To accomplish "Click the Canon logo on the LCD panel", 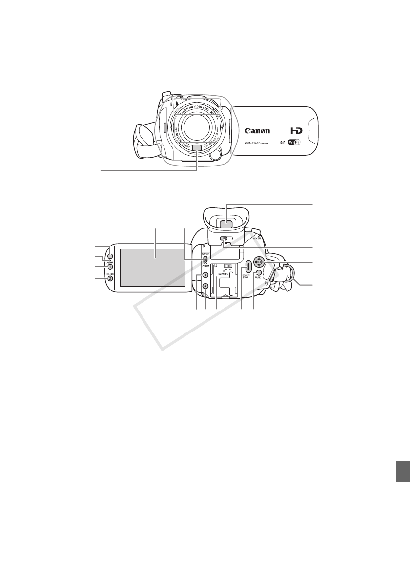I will (x=257, y=131).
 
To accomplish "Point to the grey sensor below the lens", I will (x=197, y=148).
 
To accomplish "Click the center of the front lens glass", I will (x=197, y=129).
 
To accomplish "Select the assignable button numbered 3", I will (x=206, y=276).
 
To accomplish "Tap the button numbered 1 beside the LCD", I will (x=111, y=267).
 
